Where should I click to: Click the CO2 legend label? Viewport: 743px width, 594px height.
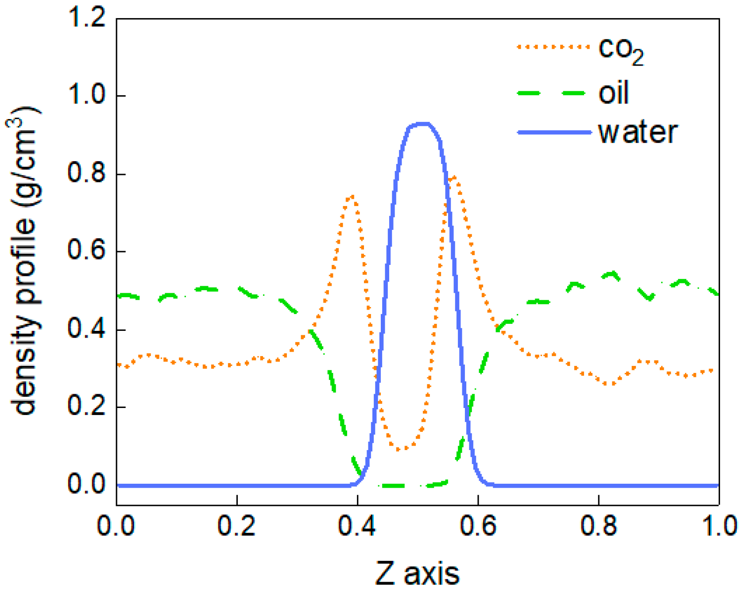[621, 51]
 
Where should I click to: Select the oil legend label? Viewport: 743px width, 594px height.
[613, 93]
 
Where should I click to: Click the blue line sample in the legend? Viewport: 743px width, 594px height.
[554, 132]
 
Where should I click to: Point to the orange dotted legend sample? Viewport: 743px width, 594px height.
[554, 47]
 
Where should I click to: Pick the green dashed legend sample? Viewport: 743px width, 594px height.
[554, 93]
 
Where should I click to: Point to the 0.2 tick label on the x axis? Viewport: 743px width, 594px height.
[237, 526]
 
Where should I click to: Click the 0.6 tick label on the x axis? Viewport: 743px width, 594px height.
[478, 526]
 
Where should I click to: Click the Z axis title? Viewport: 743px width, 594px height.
[418, 573]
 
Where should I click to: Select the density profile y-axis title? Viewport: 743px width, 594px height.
[24, 261]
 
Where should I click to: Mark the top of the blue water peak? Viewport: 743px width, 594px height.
[423, 124]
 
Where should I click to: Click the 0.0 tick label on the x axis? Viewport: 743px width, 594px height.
[116, 526]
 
